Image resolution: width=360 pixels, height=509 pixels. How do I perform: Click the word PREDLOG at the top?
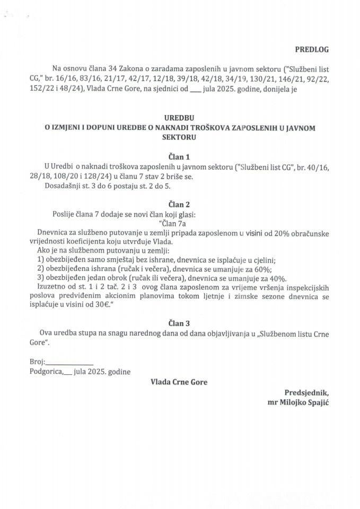[312, 49]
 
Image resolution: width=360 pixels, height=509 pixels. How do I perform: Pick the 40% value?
[276, 278]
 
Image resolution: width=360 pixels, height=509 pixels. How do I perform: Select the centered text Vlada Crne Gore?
[179, 382]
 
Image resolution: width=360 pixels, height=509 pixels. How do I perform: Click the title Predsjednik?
[306, 393]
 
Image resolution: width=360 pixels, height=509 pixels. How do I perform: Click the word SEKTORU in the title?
[179, 136]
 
